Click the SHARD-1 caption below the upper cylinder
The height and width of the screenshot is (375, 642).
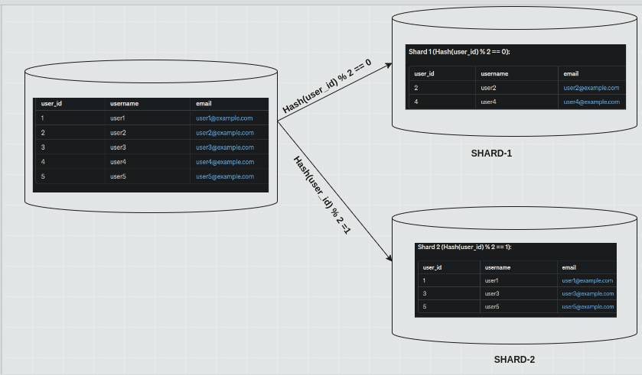pyautogui.click(x=491, y=154)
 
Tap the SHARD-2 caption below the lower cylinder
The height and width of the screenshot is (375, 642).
pyautogui.click(x=514, y=359)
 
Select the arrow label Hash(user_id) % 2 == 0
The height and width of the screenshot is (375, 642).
pyautogui.click(x=327, y=87)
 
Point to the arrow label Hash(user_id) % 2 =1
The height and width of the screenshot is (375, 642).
pyautogui.click(x=321, y=194)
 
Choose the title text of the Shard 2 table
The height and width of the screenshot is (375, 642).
pyautogui.click(x=464, y=247)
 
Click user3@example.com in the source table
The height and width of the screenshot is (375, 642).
pyautogui.click(x=224, y=147)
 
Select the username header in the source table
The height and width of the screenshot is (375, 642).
pyautogui.click(x=124, y=103)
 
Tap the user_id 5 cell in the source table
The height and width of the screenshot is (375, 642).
pyautogui.click(x=43, y=176)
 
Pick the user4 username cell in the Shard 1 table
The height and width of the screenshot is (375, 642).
pyautogui.click(x=488, y=102)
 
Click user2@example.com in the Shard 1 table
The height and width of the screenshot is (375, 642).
pyautogui.click(x=591, y=88)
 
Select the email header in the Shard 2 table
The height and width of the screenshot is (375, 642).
pyautogui.click(x=569, y=267)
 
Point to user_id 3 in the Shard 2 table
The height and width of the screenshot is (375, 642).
pyautogui.click(x=424, y=293)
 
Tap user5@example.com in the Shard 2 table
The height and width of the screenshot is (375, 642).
pyautogui.click(x=587, y=306)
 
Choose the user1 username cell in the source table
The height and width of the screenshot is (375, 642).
pyautogui.click(x=117, y=118)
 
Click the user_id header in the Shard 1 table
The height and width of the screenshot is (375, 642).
pyautogui.click(x=424, y=73)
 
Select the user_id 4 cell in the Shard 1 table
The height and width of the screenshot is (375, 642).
pyautogui.click(x=416, y=102)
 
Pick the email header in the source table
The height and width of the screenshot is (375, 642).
pyautogui.click(x=204, y=103)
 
